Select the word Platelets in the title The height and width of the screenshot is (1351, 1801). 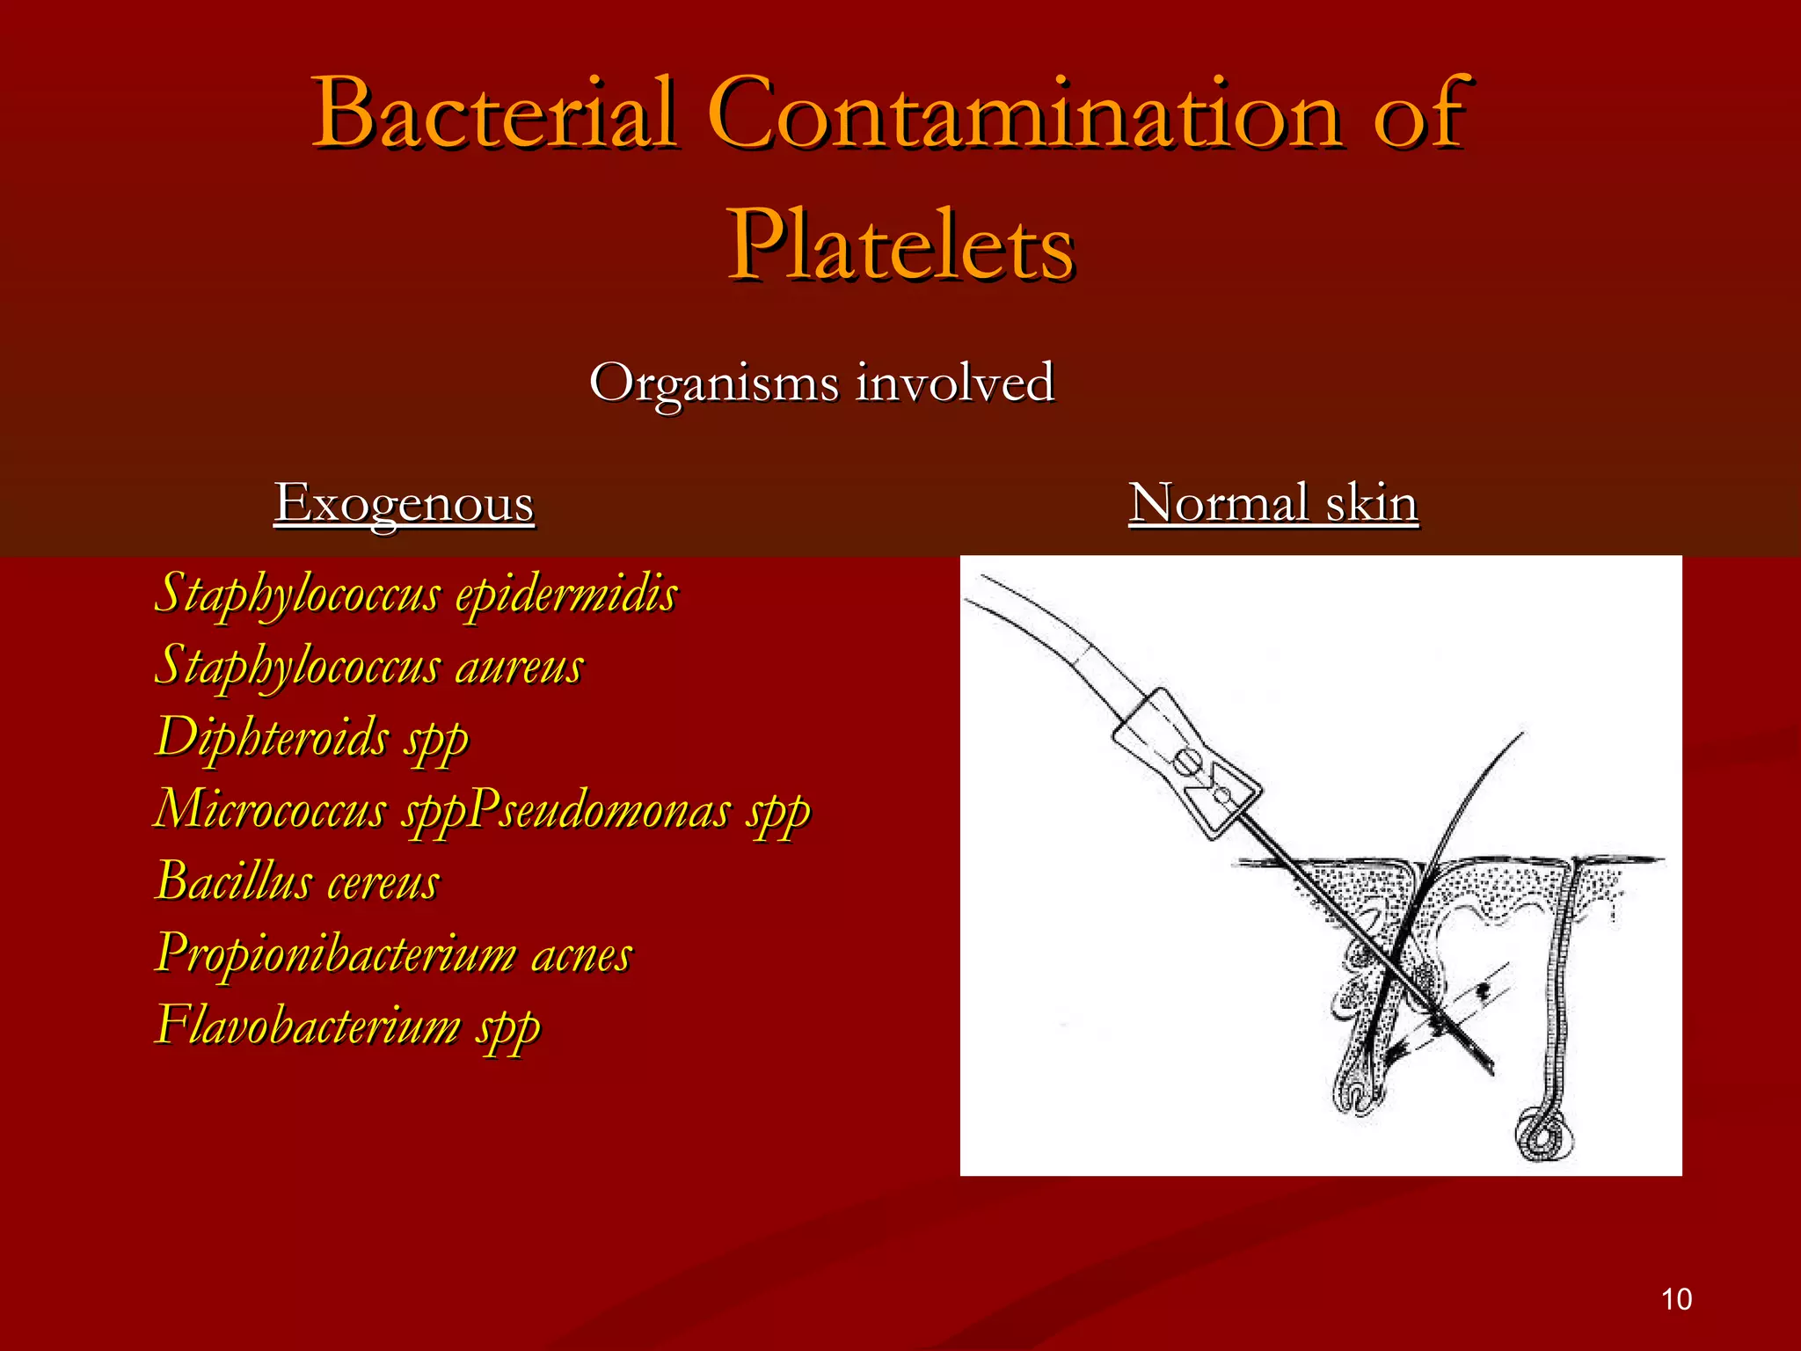click(x=900, y=246)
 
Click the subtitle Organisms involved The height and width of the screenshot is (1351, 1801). click(x=821, y=383)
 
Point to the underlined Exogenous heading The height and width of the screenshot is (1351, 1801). click(x=404, y=503)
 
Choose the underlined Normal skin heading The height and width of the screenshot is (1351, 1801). click(x=1272, y=503)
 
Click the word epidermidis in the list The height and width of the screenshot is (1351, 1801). click(x=566, y=595)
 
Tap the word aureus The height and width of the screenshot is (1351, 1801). click(x=519, y=667)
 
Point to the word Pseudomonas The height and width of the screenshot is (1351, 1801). click(x=598, y=809)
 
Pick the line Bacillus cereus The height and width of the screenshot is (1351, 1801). click(x=297, y=881)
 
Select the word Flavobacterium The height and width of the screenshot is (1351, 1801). click(x=308, y=1026)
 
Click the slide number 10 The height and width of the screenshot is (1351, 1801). click(x=1676, y=1299)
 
